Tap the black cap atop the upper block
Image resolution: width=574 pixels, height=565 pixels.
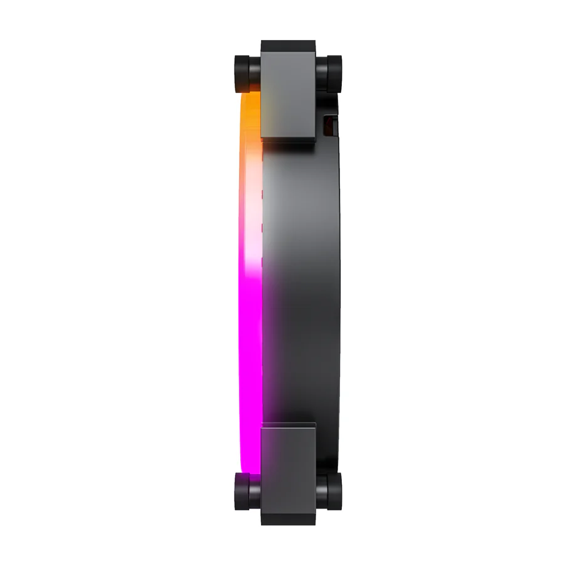(289, 46)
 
